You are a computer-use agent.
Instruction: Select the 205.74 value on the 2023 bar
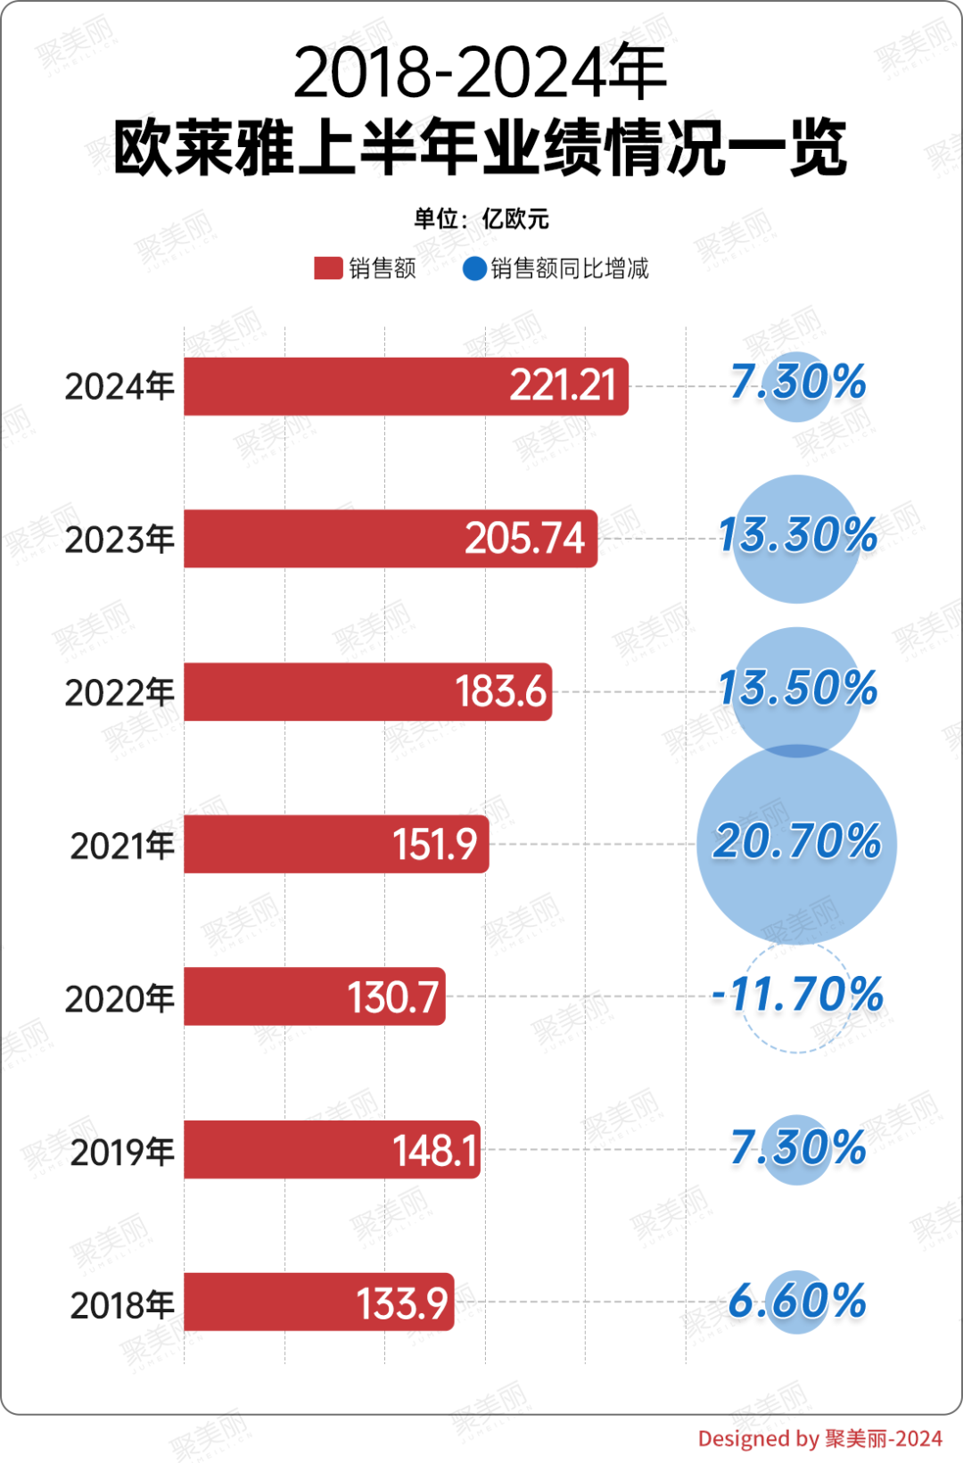(524, 539)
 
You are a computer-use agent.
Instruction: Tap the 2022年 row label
(119, 692)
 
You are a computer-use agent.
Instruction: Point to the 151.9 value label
(435, 844)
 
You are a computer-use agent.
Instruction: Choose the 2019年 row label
(122, 1152)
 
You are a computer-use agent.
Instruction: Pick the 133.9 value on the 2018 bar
(402, 1303)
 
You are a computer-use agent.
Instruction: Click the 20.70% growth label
(797, 842)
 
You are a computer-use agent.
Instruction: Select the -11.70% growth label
(797, 995)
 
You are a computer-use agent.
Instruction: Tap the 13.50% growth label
(798, 689)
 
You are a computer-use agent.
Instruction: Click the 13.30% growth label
(798, 535)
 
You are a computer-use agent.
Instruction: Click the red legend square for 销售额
(328, 269)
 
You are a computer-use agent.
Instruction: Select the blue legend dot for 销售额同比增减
(474, 269)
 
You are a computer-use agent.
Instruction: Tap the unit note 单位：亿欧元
(481, 219)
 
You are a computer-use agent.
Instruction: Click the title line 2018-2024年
(481, 73)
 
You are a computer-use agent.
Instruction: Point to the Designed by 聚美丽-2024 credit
(819, 1438)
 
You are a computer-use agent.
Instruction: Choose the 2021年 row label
(122, 846)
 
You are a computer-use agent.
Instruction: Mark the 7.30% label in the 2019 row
(798, 1148)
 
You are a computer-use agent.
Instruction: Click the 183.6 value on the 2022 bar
(500, 691)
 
